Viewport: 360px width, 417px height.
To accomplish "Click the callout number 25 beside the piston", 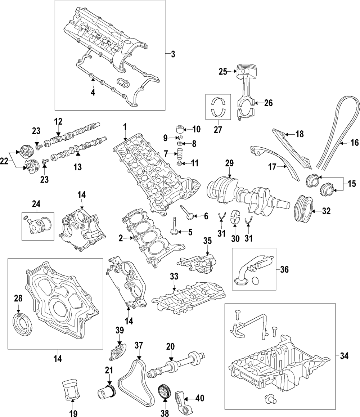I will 223,72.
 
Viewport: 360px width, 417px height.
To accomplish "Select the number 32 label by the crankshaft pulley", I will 326,212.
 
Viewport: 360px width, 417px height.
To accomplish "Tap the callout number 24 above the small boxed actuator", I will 36,204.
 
